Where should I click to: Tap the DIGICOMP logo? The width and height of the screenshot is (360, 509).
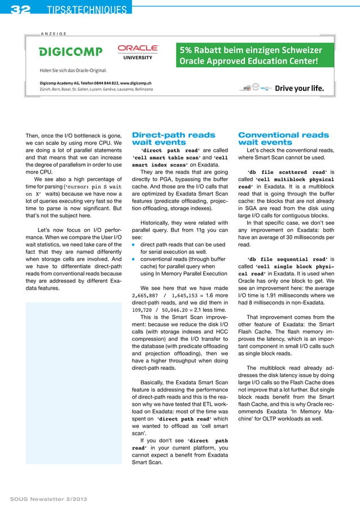[x=71, y=52]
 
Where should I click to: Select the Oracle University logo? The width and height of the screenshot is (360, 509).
[x=138, y=51]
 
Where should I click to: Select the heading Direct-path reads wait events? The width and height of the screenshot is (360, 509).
[x=173, y=139]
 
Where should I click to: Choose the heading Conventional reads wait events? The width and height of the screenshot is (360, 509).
[x=283, y=139]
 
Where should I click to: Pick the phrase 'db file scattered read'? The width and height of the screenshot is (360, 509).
[x=287, y=173]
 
